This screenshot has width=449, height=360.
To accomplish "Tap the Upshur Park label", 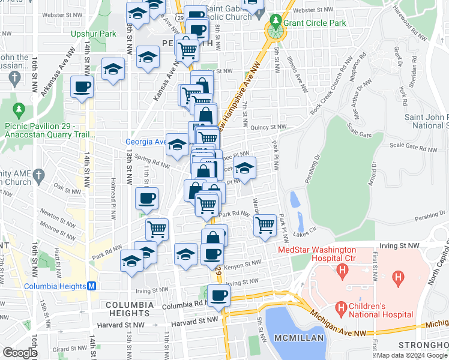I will click(94, 34).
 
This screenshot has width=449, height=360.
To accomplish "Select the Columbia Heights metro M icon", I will click(91, 286).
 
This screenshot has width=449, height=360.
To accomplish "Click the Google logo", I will click(20, 353).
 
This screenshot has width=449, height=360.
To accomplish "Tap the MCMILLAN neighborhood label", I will click(299, 338).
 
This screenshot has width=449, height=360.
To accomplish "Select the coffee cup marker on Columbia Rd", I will click(218, 295).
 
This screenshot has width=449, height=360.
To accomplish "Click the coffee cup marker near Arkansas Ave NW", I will click(82, 86).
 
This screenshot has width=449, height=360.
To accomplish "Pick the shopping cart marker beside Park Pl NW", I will click(265, 226).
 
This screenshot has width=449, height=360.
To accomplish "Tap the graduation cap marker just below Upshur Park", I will click(113, 69).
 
